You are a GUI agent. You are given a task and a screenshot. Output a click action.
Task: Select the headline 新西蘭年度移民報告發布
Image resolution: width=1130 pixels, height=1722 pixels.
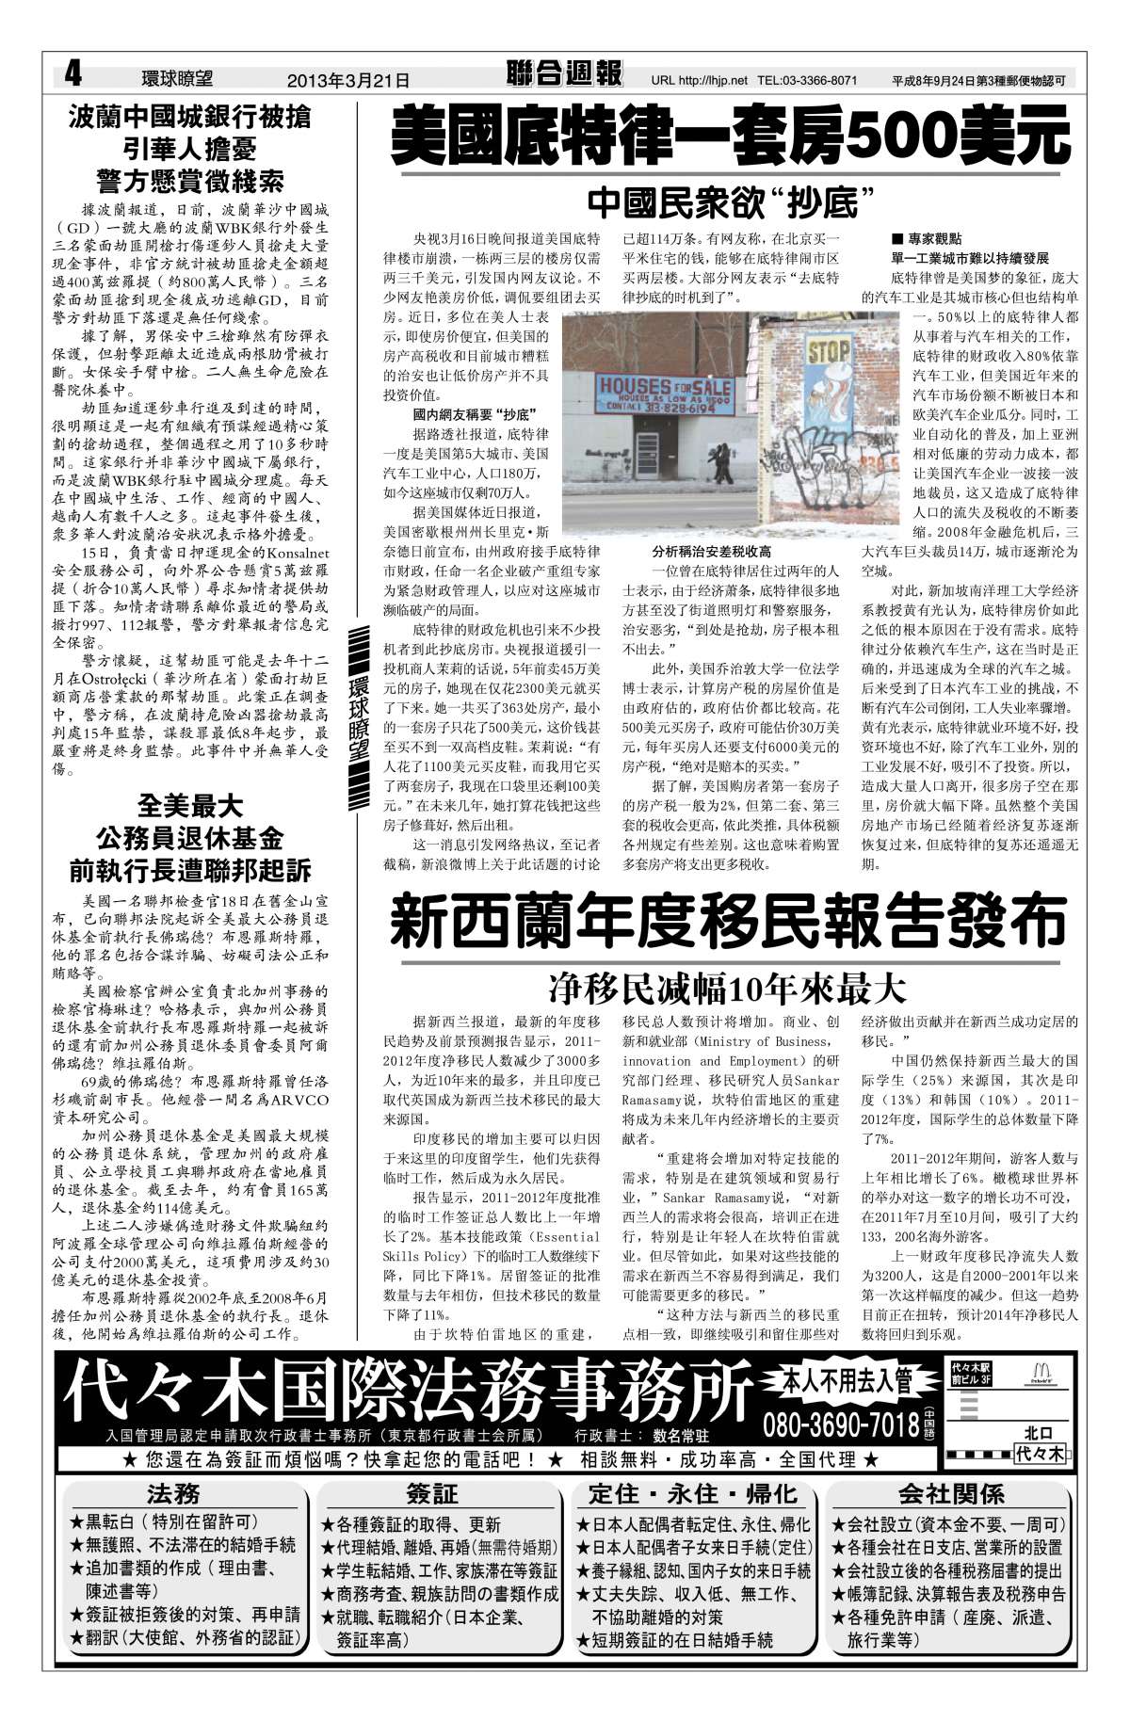coord(730,922)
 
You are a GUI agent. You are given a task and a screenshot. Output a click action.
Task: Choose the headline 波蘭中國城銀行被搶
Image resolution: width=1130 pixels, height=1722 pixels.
coord(190,119)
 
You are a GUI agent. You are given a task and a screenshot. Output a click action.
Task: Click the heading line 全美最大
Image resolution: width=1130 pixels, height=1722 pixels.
coord(190,805)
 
